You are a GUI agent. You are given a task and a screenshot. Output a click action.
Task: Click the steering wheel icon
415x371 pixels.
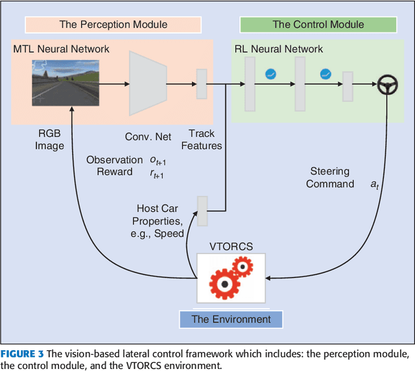[x=387, y=84]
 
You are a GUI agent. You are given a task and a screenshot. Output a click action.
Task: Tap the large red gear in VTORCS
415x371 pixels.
[x=225, y=284]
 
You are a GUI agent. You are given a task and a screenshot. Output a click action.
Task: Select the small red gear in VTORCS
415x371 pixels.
[x=243, y=267]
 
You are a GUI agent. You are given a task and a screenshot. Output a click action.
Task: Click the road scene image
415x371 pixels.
[x=65, y=83]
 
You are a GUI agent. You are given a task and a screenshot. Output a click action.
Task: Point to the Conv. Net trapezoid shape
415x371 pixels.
[x=148, y=84]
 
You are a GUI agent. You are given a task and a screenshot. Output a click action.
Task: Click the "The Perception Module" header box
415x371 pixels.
[x=113, y=25]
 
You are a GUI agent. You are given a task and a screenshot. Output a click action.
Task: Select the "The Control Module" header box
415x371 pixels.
[x=318, y=25]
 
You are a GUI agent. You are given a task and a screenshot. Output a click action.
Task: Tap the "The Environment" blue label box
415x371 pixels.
[x=231, y=319]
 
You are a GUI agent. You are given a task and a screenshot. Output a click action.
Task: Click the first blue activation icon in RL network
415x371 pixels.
[x=270, y=74]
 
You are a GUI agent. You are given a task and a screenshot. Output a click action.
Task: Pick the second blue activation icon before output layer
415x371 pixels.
[x=326, y=74]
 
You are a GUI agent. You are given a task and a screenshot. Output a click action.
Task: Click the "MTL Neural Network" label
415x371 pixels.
[x=61, y=49]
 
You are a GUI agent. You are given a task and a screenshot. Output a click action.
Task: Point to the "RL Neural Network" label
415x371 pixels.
[x=279, y=49]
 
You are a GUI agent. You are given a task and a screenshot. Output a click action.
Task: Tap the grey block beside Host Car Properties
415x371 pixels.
[x=202, y=211]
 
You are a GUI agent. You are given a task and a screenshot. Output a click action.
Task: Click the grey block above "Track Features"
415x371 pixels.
[x=202, y=84]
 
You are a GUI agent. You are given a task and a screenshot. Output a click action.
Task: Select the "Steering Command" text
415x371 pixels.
[x=330, y=178]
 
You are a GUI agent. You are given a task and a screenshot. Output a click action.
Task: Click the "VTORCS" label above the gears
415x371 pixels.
[x=231, y=246]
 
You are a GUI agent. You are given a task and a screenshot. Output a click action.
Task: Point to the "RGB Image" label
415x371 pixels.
[x=49, y=139]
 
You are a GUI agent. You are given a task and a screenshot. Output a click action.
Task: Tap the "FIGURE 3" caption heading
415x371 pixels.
[x=22, y=353]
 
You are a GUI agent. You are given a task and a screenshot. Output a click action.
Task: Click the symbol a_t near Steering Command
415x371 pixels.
[x=375, y=184]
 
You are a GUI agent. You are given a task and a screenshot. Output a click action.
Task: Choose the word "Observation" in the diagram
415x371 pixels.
[x=114, y=160]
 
